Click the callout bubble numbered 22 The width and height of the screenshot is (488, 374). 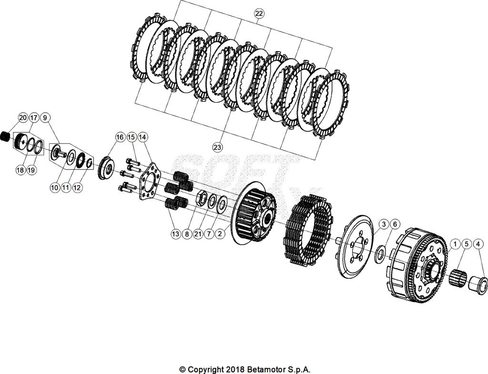click(x=259, y=14)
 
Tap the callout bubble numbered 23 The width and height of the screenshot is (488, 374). click(x=217, y=147)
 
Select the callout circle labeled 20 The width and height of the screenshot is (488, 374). click(x=23, y=117)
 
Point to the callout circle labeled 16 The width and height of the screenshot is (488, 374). click(x=120, y=137)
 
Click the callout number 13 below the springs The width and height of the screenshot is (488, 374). click(x=176, y=234)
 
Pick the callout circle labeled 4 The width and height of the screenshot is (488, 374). click(x=478, y=244)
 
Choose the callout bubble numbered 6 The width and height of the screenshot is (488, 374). click(x=394, y=224)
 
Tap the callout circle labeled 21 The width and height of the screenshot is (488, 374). click(x=198, y=234)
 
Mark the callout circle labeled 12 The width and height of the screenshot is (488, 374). click(x=77, y=188)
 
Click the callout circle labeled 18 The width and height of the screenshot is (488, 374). click(x=20, y=170)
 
